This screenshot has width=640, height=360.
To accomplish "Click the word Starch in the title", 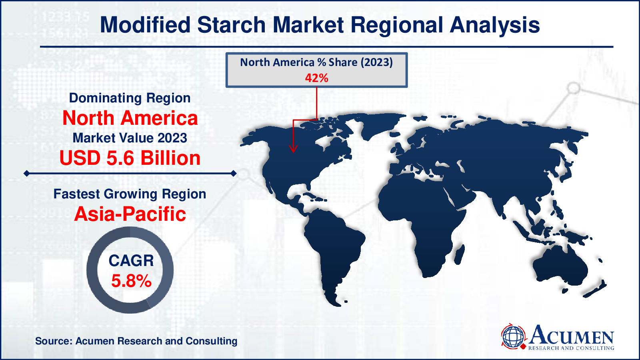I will coord(231,25).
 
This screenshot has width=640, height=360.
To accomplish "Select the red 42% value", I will coord(316,78).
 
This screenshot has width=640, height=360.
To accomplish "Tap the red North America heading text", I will coord(130,118).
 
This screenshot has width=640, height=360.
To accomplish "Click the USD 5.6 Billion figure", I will coord(130,158).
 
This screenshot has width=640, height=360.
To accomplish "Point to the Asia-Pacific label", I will coord(130,214).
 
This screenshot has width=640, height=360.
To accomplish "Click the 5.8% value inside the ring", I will coord(131,281).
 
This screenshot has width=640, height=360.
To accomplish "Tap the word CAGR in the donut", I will coord(131,261).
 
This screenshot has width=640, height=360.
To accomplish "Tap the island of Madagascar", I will coord(460,254).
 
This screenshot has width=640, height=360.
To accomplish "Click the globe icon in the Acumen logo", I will coord(513,336).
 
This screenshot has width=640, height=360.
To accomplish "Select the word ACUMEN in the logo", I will coord(572,335).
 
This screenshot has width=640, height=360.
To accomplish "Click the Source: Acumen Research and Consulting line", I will coord(136,341).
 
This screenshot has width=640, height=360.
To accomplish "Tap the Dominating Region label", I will coord(130,98).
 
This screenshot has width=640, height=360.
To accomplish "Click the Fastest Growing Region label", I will coord(130,194).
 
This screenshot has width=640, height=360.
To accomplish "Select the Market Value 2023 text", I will coord(130,138).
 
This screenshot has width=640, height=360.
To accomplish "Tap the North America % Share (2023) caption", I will coord(316,62).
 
